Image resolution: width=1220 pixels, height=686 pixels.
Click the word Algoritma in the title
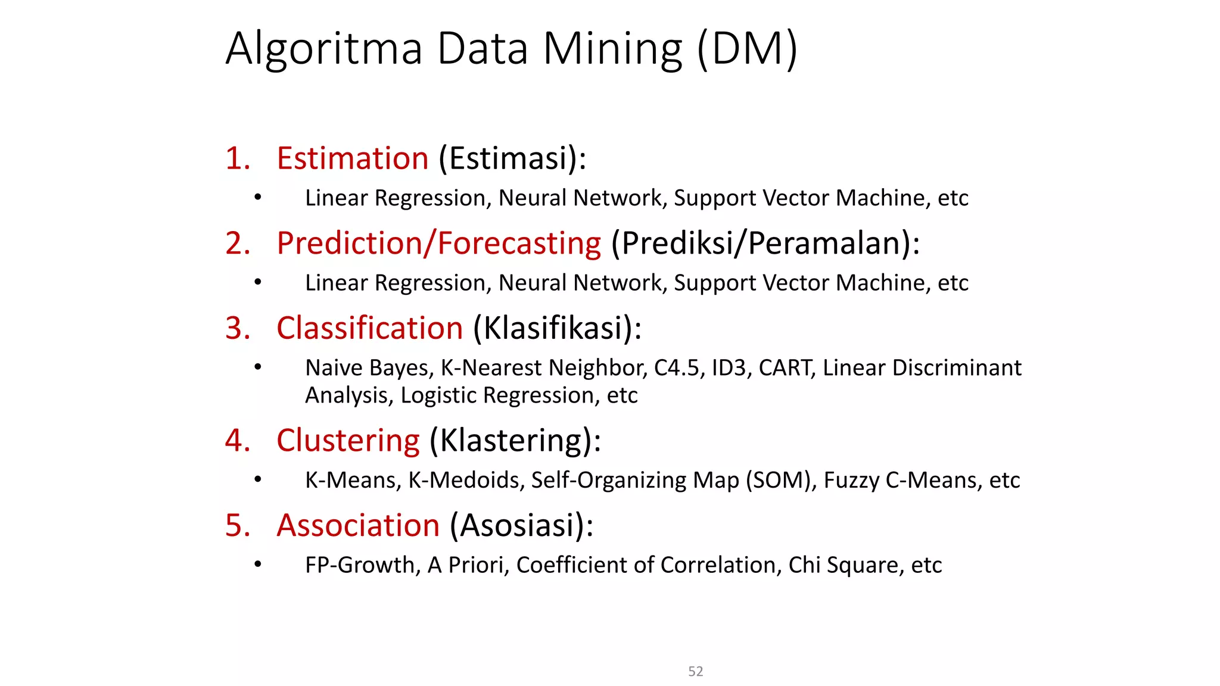(x=324, y=49)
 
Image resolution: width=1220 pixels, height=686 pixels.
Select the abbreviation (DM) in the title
(x=747, y=49)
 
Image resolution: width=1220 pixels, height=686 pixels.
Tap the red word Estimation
(x=353, y=158)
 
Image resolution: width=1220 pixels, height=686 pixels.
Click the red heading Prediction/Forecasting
(x=439, y=244)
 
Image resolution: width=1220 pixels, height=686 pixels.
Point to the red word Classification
(x=369, y=328)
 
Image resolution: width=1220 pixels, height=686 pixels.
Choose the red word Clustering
(x=348, y=441)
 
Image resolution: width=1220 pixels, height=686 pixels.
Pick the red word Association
(x=358, y=526)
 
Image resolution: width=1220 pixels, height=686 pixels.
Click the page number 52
(x=695, y=672)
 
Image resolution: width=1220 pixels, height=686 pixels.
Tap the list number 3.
(x=237, y=328)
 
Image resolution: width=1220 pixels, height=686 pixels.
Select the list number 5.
(x=237, y=526)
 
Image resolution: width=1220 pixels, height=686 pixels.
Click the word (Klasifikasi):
(x=558, y=328)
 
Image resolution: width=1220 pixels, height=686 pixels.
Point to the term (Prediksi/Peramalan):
(x=765, y=244)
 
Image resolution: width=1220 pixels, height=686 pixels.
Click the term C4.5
(x=676, y=368)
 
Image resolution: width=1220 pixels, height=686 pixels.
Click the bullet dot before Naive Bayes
(x=257, y=367)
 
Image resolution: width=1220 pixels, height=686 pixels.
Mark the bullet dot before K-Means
(x=257, y=479)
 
